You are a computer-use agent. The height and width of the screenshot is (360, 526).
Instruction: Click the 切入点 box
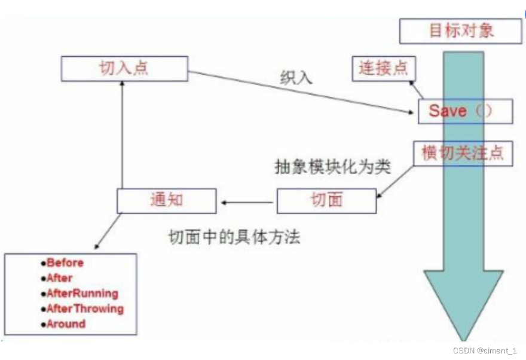124,68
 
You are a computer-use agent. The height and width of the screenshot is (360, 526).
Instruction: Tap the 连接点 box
383,68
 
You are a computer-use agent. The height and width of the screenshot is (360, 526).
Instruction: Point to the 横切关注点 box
463,154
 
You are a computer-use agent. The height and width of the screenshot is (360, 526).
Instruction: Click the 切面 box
326,200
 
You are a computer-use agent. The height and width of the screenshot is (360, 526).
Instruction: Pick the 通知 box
166,200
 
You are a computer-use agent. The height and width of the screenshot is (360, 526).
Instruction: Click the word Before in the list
65,263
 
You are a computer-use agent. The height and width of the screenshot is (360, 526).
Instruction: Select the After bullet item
59,278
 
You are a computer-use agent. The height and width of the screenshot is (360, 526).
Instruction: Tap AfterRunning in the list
82,294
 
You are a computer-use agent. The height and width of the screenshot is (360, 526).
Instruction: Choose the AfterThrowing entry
85,309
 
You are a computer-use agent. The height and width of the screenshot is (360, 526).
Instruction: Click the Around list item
66,324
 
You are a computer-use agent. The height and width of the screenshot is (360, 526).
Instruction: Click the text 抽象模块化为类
332,167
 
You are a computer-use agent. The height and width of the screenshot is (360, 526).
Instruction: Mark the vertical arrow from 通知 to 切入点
122,135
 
